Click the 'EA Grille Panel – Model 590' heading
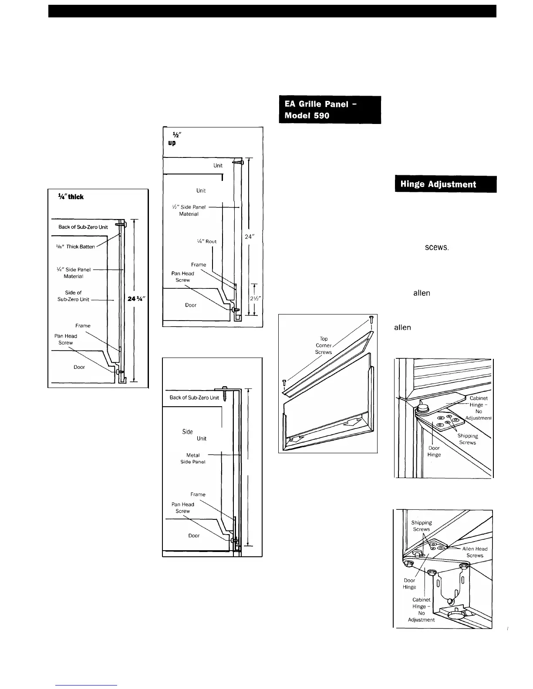click(x=330, y=110)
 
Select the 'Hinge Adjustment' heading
click(x=445, y=184)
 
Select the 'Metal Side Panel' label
click(x=193, y=458)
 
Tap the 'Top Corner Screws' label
click(x=324, y=345)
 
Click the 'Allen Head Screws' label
click(x=475, y=552)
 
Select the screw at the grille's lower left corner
click(x=285, y=383)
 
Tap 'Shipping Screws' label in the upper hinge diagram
click(x=468, y=439)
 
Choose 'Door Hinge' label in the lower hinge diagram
click(x=409, y=583)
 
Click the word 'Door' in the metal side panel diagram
click(x=194, y=535)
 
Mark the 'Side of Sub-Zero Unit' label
click(x=73, y=296)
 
